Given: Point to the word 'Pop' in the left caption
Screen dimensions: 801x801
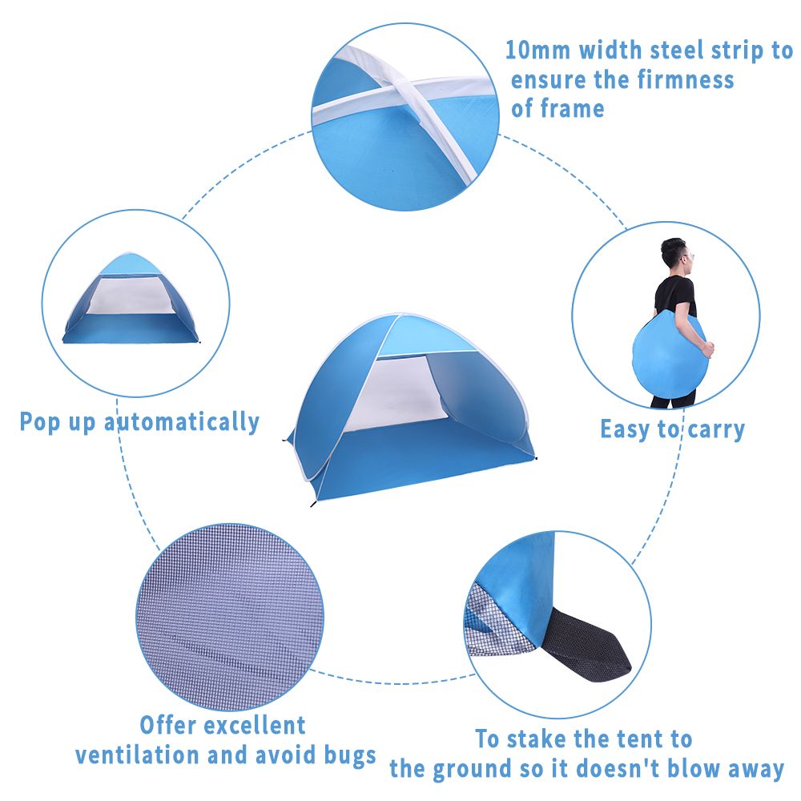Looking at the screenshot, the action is tap(40, 422).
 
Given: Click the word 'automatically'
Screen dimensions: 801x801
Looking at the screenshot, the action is tap(182, 422).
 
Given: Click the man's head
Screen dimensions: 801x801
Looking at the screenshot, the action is tap(676, 256).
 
